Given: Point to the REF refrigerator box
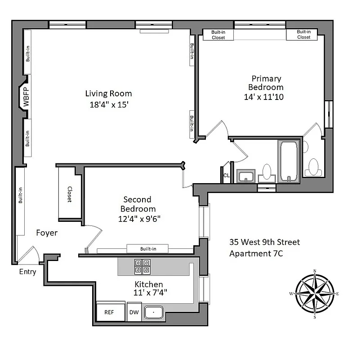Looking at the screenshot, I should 109,312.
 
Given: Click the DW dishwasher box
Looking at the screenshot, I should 134,312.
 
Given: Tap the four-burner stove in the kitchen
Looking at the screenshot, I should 143,266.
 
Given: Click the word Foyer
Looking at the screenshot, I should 47,233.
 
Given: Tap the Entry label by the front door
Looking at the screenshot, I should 27,272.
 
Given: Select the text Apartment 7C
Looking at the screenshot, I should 256,253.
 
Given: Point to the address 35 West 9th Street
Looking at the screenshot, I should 264,243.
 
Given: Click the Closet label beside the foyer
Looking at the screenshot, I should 70,194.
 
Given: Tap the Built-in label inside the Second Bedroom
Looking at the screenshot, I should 148,248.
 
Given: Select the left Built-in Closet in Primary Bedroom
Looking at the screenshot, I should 218,35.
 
